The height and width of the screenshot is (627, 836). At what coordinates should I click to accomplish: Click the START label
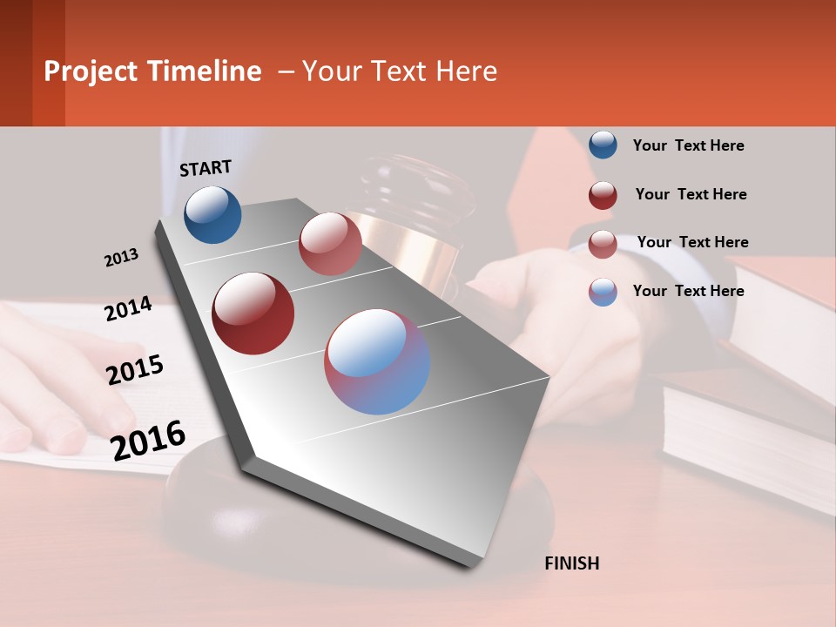(x=206, y=168)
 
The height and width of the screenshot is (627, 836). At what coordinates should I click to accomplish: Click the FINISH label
(x=571, y=563)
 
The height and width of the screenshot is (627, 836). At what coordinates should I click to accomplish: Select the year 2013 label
(x=121, y=258)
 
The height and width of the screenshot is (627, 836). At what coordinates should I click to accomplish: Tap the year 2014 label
(x=128, y=309)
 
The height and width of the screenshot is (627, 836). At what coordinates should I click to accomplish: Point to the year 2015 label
(x=134, y=370)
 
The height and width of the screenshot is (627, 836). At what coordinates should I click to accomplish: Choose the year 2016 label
(x=148, y=440)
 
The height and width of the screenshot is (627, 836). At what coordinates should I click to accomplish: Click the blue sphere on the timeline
(x=212, y=215)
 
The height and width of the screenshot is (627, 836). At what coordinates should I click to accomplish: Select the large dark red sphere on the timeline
(x=253, y=313)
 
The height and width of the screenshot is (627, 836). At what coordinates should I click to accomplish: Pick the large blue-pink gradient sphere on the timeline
(x=376, y=361)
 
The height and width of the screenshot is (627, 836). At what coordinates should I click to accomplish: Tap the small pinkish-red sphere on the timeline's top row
(x=330, y=244)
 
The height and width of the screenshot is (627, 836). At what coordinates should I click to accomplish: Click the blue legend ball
(x=603, y=145)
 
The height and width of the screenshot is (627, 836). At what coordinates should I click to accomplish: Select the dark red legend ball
(x=603, y=195)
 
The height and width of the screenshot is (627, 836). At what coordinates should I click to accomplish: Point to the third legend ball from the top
(x=603, y=244)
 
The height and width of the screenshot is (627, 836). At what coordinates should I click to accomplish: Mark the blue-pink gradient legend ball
(x=603, y=292)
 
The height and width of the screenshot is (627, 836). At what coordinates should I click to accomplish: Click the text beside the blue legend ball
(x=688, y=145)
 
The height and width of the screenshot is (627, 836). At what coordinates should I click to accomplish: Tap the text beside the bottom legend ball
(x=688, y=291)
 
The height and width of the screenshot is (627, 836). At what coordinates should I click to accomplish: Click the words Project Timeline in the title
(x=152, y=71)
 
